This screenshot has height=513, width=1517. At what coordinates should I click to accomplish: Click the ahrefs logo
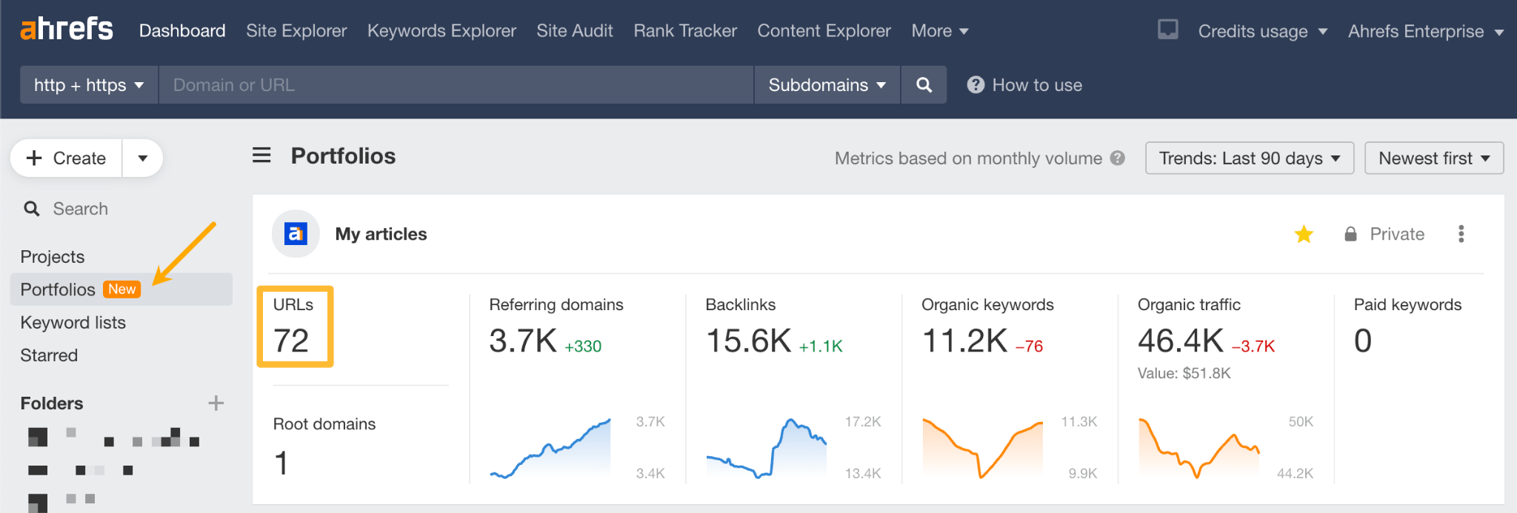click(67, 30)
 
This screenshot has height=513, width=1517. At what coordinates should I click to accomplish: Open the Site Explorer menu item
click(296, 31)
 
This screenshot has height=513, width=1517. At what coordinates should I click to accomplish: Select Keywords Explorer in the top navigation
click(441, 31)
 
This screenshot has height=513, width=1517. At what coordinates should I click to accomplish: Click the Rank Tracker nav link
click(685, 31)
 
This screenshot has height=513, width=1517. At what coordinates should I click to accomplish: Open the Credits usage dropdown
click(1261, 32)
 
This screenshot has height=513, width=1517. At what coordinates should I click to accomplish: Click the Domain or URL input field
click(456, 85)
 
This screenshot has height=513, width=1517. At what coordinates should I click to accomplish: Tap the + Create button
click(67, 158)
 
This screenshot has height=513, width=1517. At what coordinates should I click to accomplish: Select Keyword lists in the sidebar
click(73, 323)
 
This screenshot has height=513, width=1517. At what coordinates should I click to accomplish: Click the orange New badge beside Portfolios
click(122, 289)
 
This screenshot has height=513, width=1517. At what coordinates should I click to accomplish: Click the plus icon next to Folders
click(216, 403)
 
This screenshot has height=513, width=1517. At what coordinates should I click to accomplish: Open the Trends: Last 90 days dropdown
click(1249, 158)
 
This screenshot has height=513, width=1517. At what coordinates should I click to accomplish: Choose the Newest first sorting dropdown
click(1433, 158)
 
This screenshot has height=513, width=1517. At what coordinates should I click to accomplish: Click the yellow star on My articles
click(1304, 235)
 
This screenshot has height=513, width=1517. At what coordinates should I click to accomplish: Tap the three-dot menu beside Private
click(1461, 235)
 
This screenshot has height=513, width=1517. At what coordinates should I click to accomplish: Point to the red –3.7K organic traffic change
click(1253, 346)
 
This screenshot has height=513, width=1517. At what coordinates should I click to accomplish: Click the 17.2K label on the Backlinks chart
click(863, 422)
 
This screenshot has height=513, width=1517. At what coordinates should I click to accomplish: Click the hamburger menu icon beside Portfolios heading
click(261, 155)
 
